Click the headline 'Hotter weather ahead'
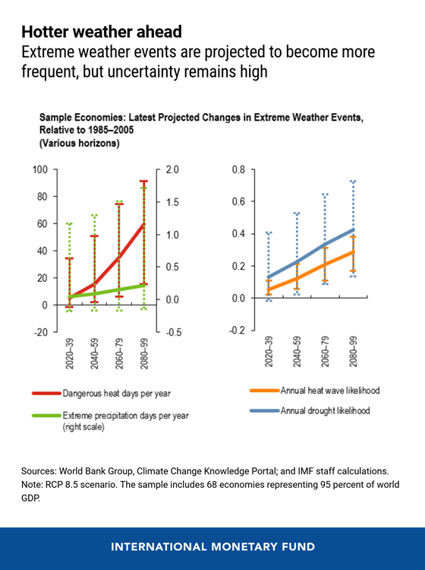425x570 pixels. (x=102, y=32)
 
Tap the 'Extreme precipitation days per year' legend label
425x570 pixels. (x=125, y=416)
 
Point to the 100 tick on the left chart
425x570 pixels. (x=40, y=169)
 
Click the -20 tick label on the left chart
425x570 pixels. (x=40, y=332)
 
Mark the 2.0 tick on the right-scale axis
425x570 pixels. (x=172, y=169)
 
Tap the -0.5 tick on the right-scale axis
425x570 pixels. (x=172, y=332)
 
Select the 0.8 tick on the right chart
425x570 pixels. (x=238, y=169)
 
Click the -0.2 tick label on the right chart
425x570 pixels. (x=237, y=330)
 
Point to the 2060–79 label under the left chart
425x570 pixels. (x=119, y=353)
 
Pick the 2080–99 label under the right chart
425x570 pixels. (x=353, y=352)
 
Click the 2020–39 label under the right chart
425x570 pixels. (x=269, y=352)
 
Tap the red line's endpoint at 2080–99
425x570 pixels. (x=144, y=224)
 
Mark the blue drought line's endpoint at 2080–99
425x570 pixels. (x=353, y=230)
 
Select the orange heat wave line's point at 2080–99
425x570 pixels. (x=353, y=252)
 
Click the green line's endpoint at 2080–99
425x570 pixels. (x=144, y=285)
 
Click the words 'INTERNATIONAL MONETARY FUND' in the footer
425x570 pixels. (x=213, y=547)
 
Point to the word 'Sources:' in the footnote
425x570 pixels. (x=39, y=471)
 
